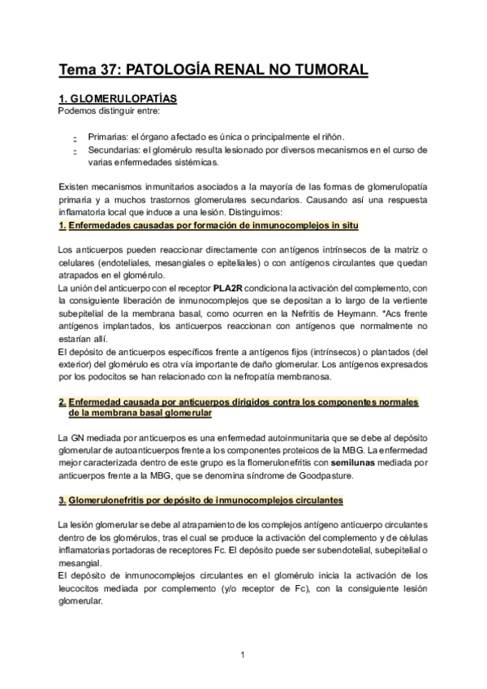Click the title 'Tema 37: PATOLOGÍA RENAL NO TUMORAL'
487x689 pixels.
pyautogui.click(x=213, y=70)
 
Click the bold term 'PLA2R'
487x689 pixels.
pyautogui.click(x=240, y=288)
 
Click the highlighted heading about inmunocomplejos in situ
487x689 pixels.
pyautogui.click(x=209, y=224)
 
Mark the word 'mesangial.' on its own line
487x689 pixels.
pyautogui.click(x=81, y=562)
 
